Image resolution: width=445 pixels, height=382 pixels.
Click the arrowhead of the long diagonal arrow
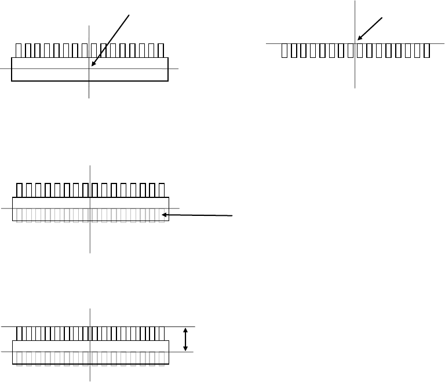[x=93, y=66]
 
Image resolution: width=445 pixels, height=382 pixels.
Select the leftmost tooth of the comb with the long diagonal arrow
[x=19, y=50]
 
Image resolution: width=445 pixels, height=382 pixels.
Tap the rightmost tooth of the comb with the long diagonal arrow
[x=161, y=50]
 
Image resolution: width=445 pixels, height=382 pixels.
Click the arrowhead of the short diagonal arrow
[x=358, y=40]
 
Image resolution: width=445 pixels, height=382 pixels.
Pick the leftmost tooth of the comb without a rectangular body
[x=284, y=51]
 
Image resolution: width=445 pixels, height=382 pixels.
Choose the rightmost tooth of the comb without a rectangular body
[x=426, y=51]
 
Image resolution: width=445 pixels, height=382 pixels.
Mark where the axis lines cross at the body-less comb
[x=355, y=43]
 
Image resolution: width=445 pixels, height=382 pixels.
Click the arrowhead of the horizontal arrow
[x=163, y=215]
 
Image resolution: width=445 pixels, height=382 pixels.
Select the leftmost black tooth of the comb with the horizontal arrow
[x=19, y=190]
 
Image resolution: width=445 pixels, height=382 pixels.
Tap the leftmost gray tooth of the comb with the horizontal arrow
[x=19, y=215]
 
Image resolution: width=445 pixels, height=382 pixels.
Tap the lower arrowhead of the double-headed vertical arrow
[x=185, y=349]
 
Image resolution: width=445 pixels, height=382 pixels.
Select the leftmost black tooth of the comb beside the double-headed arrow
[x=19, y=333]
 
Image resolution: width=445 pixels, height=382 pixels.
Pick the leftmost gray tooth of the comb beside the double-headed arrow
[x=19, y=359]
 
